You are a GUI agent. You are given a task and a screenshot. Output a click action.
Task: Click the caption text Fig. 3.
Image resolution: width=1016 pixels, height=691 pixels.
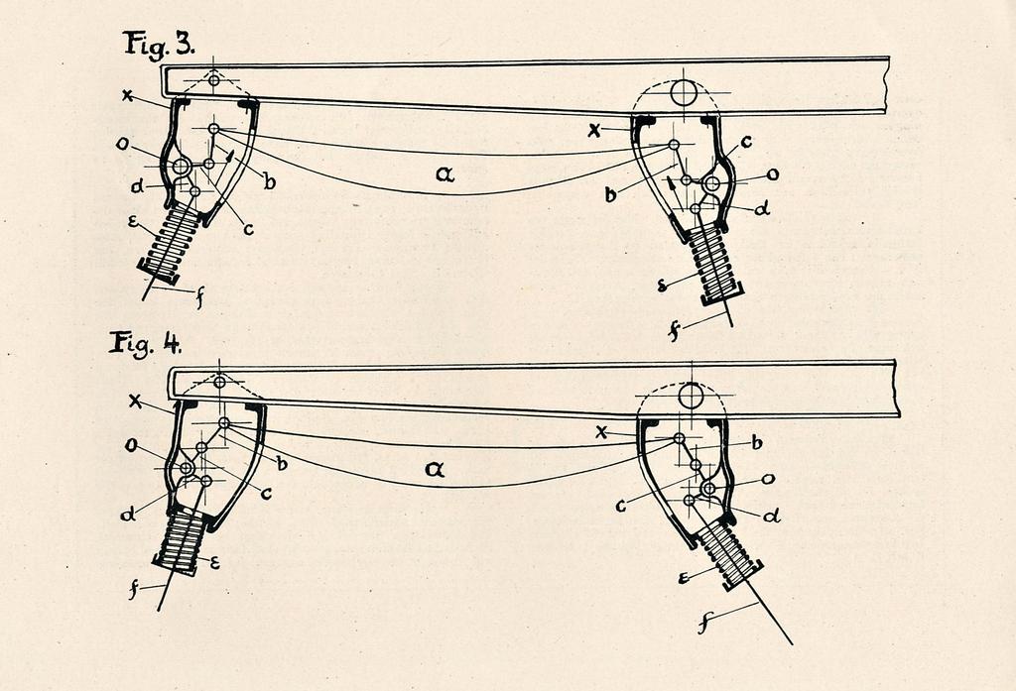(x=160, y=46)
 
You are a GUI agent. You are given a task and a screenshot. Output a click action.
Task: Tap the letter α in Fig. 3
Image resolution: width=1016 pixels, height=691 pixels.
(x=445, y=173)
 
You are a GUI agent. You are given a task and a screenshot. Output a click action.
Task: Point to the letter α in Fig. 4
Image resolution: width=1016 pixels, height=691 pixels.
(x=436, y=469)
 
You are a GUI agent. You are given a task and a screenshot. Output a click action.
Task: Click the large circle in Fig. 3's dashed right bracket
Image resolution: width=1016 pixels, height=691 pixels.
(x=683, y=92)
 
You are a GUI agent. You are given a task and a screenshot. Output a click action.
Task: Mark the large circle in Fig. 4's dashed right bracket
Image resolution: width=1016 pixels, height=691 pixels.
(x=692, y=395)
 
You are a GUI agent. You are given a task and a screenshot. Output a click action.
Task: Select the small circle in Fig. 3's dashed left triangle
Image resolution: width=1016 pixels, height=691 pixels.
(x=214, y=80)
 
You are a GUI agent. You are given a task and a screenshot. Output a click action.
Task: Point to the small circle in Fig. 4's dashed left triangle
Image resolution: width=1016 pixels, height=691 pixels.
(x=219, y=382)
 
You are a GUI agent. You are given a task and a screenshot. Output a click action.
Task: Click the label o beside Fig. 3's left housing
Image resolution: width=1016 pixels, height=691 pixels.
(x=122, y=145)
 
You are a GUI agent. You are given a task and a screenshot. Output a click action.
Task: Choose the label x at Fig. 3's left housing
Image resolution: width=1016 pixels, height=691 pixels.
(x=128, y=95)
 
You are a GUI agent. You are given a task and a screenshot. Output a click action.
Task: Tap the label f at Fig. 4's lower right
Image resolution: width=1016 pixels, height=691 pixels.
(x=705, y=625)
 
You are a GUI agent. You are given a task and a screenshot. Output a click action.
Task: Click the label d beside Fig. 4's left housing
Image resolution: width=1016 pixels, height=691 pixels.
(x=128, y=515)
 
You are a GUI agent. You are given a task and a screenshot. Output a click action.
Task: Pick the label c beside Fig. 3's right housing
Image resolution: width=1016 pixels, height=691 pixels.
(x=746, y=141)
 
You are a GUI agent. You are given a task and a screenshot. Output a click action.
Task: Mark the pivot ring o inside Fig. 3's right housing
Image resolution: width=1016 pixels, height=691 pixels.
(x=712, y=184)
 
